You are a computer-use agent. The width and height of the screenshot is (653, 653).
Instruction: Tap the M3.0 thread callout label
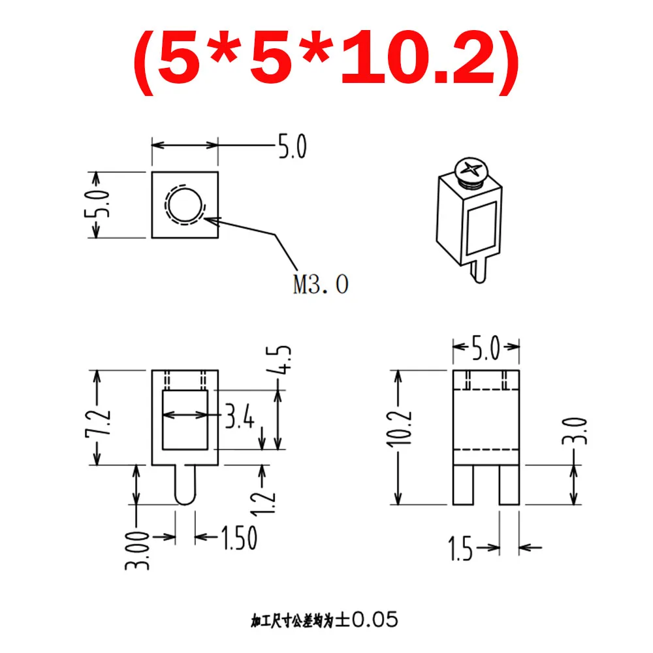point(321,285)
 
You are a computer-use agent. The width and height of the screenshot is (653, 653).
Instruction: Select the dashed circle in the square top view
point(185,205)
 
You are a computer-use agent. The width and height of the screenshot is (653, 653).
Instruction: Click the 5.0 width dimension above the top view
point(291,148)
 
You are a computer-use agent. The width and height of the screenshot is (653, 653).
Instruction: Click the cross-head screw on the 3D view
point(471,172)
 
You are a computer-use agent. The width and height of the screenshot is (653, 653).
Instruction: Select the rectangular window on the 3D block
point(483,228)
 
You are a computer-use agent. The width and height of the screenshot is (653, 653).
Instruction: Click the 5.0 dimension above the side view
point(486,348)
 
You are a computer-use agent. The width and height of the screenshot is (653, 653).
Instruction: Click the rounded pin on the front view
point(185,485)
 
